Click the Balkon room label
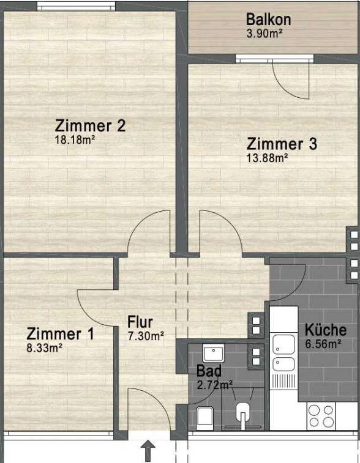[268, 20]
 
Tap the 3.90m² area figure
[264, 34]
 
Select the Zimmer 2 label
[91, 125]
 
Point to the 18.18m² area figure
[75, 139]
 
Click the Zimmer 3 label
[282, 144]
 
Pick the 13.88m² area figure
[267, 158]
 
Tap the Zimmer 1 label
[60, 334]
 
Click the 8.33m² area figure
[44, 348]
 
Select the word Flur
[140, 322]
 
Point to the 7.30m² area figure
[146, 336]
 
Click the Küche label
[326, 330]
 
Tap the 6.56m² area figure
[323, 344]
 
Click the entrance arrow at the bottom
[148, 451]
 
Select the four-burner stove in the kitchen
[321, 416]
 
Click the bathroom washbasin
[214, 352]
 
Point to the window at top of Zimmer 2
[77, 6]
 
